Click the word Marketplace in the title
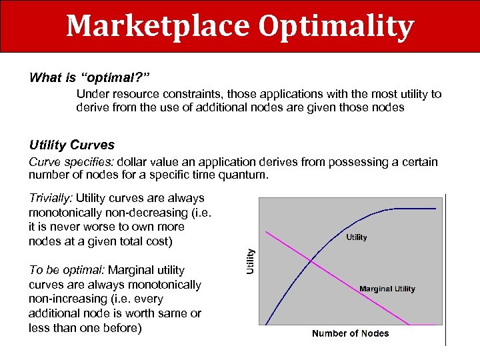pos(157,26)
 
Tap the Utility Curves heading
pos(72,145)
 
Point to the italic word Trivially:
pos(51,198)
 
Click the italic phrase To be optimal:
pos(66,270)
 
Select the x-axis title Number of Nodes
pos(350,333)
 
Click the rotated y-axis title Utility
pos(251,261)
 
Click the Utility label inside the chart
pos(356,237)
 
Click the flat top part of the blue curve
pos(417,209)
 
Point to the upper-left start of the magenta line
pos(267,232)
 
